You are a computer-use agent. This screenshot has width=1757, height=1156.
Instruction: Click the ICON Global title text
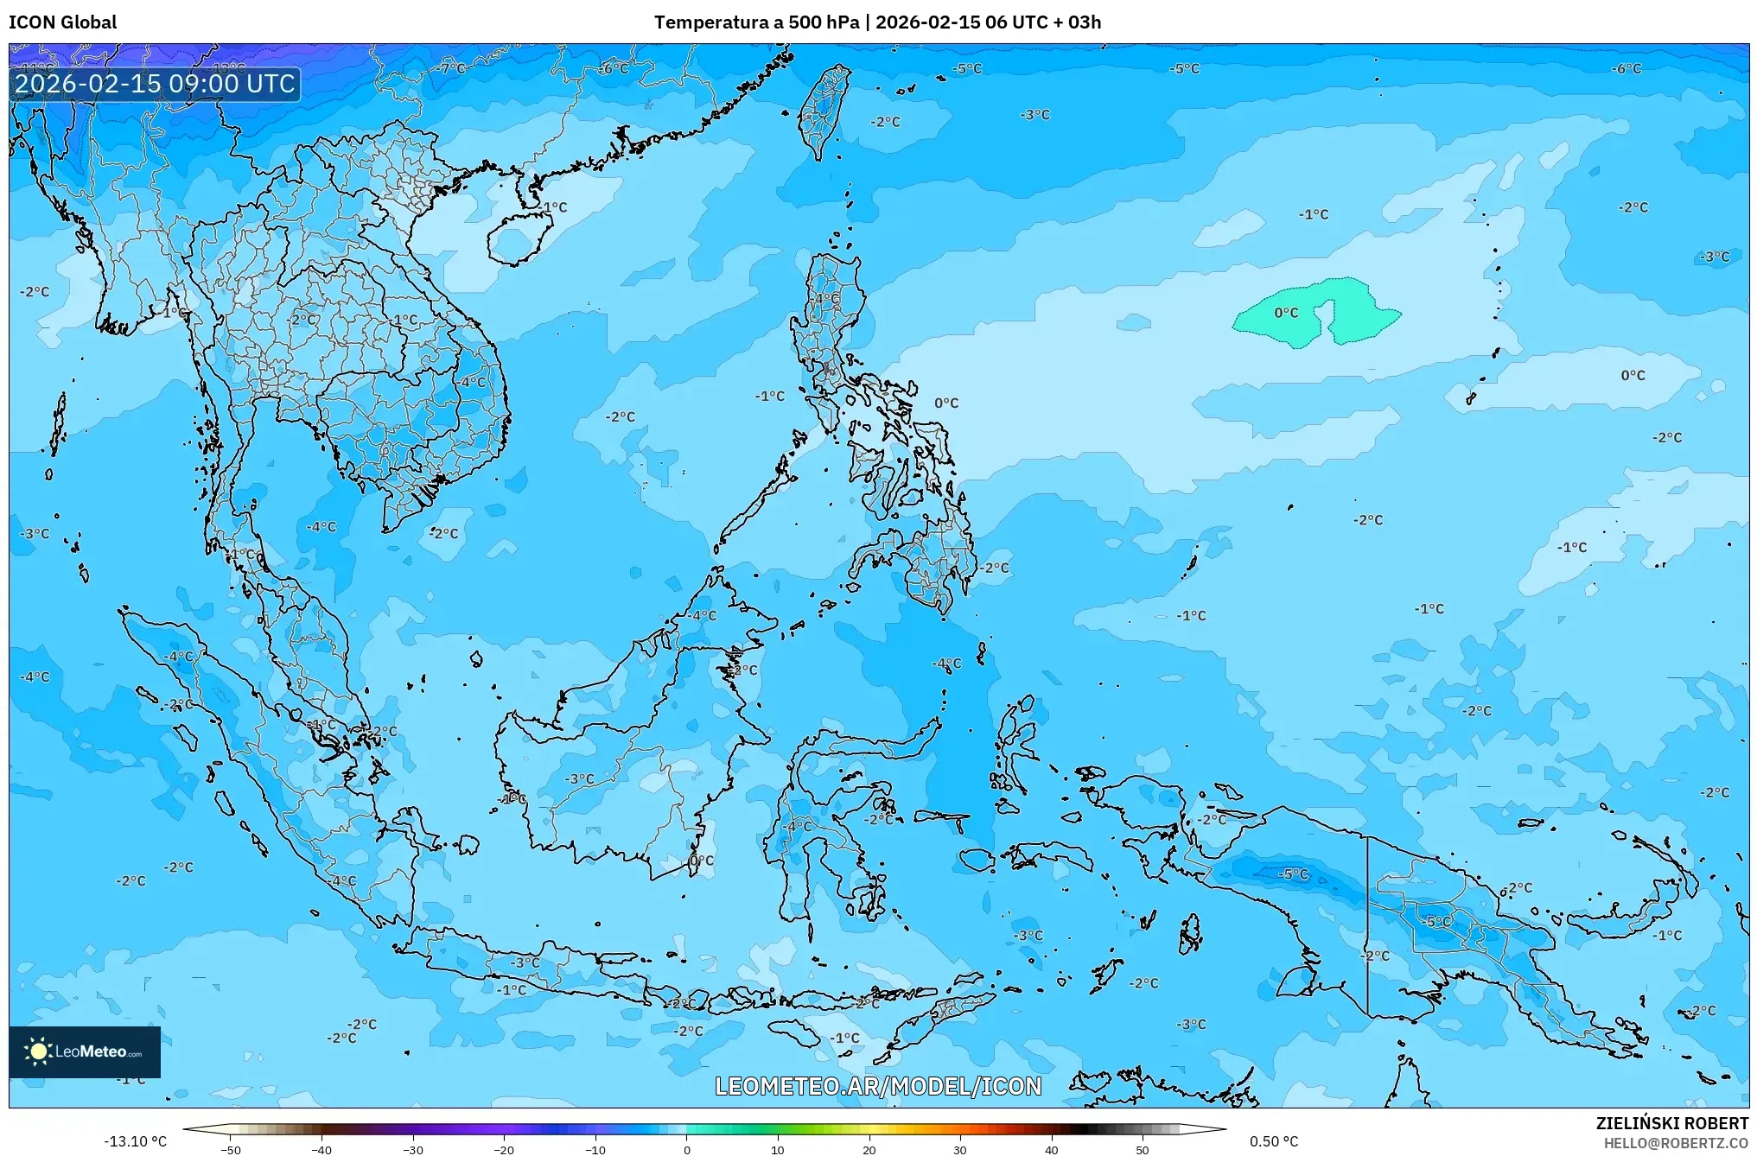click(x=62, y=22)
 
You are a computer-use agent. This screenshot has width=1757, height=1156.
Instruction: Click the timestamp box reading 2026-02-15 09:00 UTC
click(x=155, y=84)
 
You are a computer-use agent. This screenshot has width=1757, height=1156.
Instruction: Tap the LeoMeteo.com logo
click(x=85, y=1051)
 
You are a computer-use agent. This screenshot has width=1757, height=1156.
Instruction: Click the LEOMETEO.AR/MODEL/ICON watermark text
click(x=878, y=1086)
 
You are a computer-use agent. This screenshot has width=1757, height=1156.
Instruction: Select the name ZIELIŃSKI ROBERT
click(x=1671, y=1123)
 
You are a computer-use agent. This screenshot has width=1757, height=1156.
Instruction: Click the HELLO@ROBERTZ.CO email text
click(x=1676, y=1143)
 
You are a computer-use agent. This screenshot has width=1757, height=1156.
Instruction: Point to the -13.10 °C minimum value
click(x=135, y=1141)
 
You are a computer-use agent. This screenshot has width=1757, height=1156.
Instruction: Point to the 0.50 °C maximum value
click(x=1273, y=1141)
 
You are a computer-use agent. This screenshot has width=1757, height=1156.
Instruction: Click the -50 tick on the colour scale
click(x=231, y=1149)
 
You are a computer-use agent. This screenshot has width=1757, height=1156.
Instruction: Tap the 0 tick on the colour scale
click(x=687, y=1149)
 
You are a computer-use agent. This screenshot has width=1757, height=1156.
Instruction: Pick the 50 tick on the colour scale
click(x=1143, y=1149)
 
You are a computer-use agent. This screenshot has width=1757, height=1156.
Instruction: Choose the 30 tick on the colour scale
click(x=960, y=1149)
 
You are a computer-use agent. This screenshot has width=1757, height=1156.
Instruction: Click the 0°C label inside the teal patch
click(x=1286, y=313)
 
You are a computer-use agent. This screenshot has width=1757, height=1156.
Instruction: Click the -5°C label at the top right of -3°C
click(x=1184, y=68)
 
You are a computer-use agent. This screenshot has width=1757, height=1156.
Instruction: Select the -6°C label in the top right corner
click(x=1626, y=68)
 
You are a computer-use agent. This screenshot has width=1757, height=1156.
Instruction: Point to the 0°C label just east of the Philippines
click(x=946, y=403)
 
